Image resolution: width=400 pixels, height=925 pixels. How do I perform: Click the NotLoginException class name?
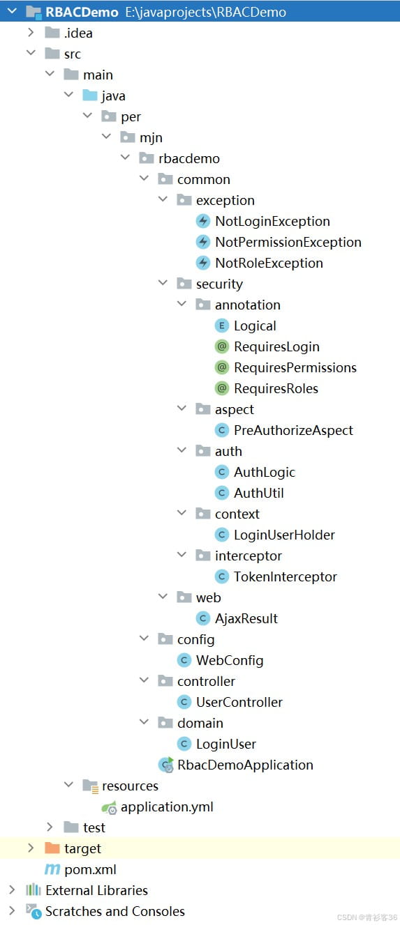[272, 222]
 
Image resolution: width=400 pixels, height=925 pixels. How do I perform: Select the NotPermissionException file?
[288, 243]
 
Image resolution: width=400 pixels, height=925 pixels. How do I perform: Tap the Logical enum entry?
[255, 326]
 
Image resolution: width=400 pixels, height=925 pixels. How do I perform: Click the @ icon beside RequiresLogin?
[222, 346]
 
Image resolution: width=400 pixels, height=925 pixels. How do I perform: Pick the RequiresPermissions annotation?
[295, 367]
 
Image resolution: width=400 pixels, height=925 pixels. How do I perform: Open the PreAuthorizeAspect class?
[294, 430]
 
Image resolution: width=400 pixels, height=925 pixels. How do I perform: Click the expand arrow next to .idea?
[31, 33]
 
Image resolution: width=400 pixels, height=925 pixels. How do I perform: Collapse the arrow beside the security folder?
[163, 283]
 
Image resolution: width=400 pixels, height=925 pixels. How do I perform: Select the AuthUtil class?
[259, 493]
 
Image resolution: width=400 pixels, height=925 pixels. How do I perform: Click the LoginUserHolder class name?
[285, 535]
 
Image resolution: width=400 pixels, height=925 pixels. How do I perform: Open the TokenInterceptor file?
[286, 576]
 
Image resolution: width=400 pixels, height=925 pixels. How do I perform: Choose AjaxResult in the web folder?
[246, 618]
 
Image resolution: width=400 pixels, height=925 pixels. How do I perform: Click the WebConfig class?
[230, 660]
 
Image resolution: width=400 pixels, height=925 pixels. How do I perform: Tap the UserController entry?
[239, 702]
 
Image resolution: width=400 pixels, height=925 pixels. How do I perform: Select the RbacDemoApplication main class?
[245, 765]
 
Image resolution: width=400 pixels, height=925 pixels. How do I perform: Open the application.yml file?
[167, 807]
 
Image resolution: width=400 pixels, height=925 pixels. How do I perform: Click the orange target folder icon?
[52, 848]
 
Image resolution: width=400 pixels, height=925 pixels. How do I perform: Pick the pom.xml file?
[91, 869]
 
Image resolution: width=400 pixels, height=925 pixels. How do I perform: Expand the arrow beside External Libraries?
[12, 890]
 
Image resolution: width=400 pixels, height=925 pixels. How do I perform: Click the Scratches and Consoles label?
[115, 911]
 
